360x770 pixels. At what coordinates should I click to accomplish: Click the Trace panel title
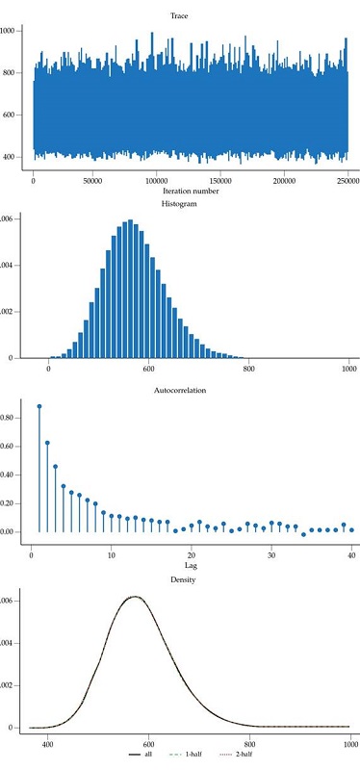(x=192, y=14)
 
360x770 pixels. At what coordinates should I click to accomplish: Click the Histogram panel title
(x=192, y=204)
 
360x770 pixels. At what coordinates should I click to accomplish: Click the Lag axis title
(x=192, y=570)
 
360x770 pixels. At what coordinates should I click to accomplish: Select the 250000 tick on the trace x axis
(x=347, y=181)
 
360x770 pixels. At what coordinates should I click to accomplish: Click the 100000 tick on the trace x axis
(x=159, y=181)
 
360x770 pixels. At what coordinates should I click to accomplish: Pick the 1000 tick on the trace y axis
(x=8, y=31)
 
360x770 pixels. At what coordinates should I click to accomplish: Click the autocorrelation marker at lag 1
(x=39, y=406)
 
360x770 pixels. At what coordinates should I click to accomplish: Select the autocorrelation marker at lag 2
(x=47, y=443)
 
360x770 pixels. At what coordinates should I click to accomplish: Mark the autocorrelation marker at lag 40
(x=351, y=529)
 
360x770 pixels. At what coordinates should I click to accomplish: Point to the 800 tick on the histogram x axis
(x=249, y=369)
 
